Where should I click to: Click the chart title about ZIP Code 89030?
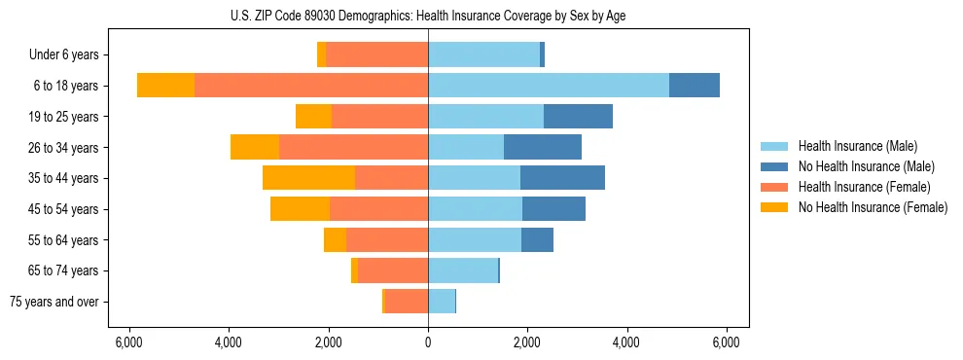[428, 16]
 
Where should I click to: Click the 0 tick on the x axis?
[428, 342]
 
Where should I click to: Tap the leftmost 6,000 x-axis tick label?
[129, 342]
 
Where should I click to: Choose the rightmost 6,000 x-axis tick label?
[727, 342]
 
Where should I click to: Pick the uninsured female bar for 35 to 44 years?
[308, 178]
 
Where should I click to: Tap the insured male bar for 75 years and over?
[442, 302]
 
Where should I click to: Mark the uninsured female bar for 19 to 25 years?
[313, 117]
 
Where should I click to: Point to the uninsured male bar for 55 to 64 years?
[537, 239]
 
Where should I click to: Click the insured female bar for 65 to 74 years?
[393, 270]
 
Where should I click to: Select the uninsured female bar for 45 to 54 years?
[300, 209]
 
